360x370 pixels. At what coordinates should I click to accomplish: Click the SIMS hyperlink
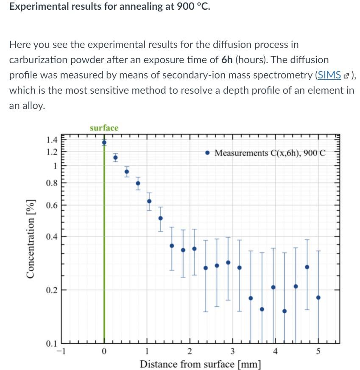pos(329,75)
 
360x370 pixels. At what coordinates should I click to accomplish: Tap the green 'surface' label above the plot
pos(104,128)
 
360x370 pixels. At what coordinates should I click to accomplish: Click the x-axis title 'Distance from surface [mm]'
pos(201,364)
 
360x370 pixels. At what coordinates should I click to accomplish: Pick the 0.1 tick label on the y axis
pos(52,344)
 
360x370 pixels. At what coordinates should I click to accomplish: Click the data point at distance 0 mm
pos(104,142)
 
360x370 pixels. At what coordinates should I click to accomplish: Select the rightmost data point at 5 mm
pos(318,298)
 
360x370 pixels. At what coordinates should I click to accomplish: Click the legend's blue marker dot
pos(207,153)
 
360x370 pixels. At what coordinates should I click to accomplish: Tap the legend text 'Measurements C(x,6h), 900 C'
pos(270,153)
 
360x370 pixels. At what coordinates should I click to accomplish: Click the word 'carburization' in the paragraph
pos(36,60)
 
